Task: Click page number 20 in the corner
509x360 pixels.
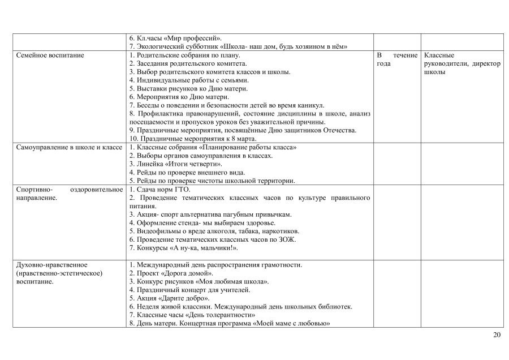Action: tap(497, 335)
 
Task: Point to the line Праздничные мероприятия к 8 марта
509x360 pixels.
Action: tap(193, 139)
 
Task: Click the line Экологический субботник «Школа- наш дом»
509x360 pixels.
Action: tap(238, 46)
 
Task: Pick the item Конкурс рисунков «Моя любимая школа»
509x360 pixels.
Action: tap(199, 281)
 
